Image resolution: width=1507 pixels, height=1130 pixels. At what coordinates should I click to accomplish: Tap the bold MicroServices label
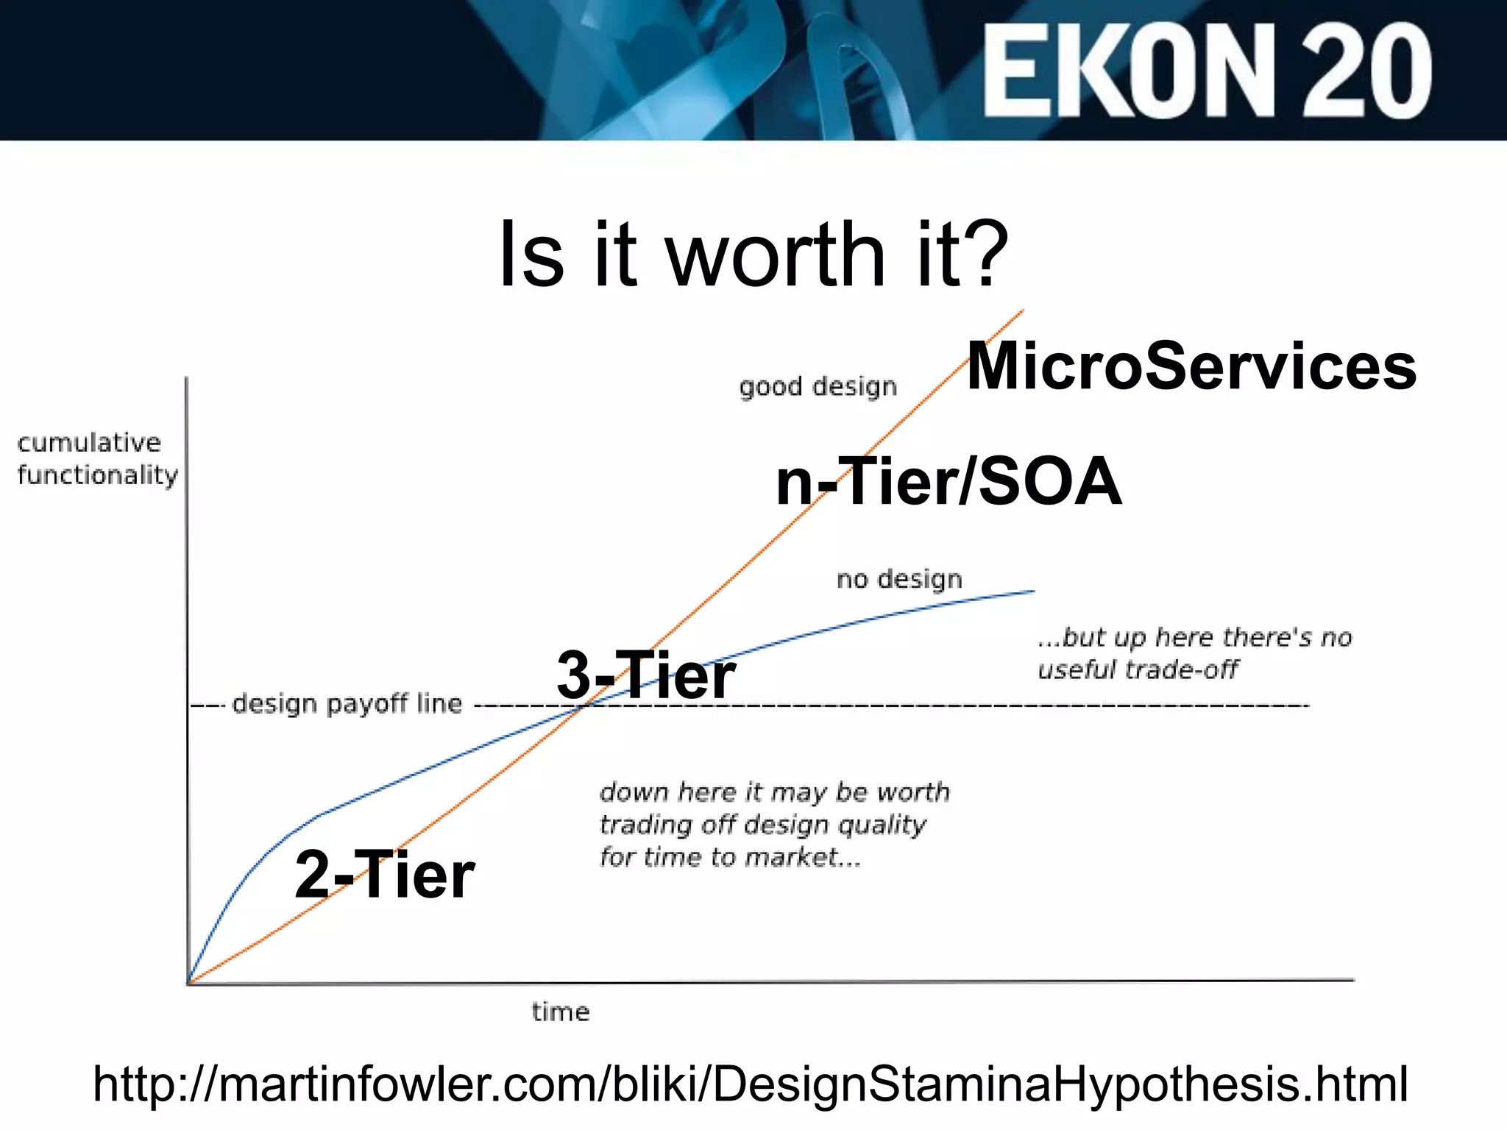[1191, 366]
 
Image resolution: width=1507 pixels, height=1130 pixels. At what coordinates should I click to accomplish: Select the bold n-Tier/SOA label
[948, 482]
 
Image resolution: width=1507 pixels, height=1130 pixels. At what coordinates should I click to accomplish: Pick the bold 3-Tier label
[645, 675]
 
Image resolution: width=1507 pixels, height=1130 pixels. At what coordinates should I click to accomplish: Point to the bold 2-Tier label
[384, 875]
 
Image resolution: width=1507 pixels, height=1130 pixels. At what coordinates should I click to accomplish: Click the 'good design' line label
[818, 387]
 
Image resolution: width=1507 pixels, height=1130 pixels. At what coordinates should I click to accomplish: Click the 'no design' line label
[899, 580]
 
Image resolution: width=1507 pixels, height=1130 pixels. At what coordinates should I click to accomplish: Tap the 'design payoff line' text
[347, 704]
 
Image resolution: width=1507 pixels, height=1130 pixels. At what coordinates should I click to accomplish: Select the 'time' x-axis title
[561, 1012]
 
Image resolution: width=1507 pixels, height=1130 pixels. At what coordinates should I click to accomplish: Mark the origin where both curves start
[189, 983]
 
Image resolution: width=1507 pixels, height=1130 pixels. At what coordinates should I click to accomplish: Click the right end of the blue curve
[1033, 591]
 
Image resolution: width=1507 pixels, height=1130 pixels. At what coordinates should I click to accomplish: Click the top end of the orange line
[1022, 311]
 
